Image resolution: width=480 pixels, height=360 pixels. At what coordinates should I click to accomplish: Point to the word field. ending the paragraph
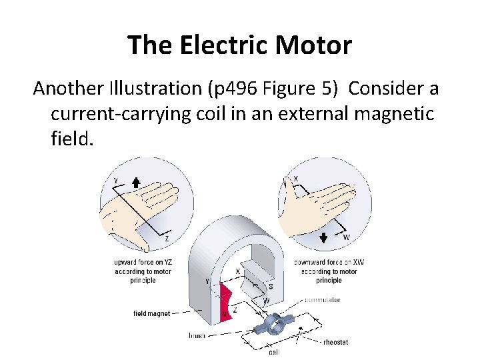pos(69,139)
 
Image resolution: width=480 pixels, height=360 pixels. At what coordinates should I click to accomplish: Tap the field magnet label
pos(152,313)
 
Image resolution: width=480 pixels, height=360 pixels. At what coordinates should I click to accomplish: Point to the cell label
pos(274,351)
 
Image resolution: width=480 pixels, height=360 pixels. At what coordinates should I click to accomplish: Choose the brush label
pos(197,335)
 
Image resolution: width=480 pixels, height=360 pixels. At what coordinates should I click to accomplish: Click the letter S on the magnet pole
pos(270,286)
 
